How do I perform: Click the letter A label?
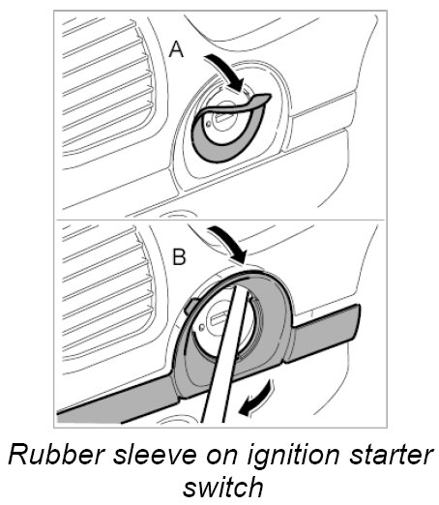click(176, 50)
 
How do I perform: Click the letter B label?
click(179, 257)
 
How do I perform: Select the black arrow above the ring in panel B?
click(229, 244)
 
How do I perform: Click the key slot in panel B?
click(220, 317)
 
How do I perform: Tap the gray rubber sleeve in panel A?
click(225, 135)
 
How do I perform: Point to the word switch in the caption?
click(223, 487)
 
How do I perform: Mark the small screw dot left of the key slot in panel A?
click(209, 123)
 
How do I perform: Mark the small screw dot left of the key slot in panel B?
click(201, 327)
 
